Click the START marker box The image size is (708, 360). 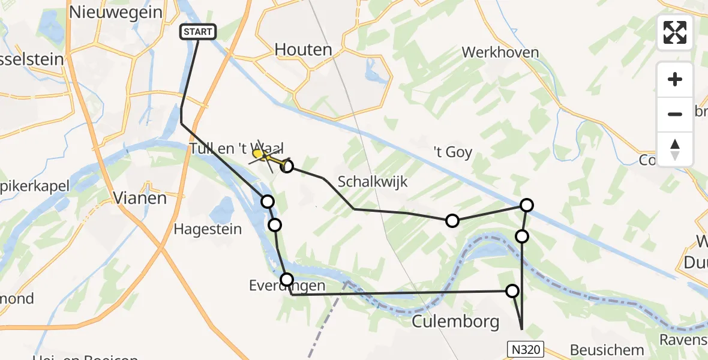pyautogui.click(x=198, y=31)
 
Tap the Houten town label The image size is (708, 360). pyautogui.click(x=304, y=50)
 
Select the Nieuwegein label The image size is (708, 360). pyautogui.click(x=116, y=11)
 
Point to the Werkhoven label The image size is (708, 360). pyautogui.click(x=500, y=52)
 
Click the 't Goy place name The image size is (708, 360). pyautogui.click(x=454, y=152)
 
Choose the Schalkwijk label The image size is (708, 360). pyautogui.click(x=373, y=181)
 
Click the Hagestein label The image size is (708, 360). pyautogui.click(x=208, y=229)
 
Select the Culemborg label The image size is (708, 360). pyautogui.click(x=456, y=322)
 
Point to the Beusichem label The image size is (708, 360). pyautogui.click(x=607, y=349)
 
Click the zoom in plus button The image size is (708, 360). pyautogui.click(x=675, y=79)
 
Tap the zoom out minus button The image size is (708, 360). pyautogui.click(x=675, y=114)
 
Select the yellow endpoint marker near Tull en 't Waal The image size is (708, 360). pyautogui.click(x=258, y=154)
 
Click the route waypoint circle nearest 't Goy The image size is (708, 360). pyautogui.click(x=526, y=205)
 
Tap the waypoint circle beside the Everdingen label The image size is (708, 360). pyautogui.click(x=287, y=280)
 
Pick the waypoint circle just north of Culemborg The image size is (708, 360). pyautogui.click(x=512, y=291)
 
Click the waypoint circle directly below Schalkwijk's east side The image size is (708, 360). pyautogui.click(x=452, y=221)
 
